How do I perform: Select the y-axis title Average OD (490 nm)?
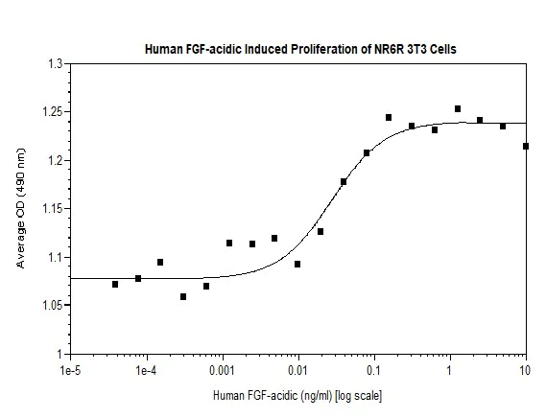pos(22,209)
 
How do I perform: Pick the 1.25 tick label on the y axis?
pos(51,112)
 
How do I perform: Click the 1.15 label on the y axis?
pos(51,209)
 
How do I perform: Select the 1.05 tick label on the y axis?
pos(51,306)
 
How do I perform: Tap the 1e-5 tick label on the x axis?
pos(70,369)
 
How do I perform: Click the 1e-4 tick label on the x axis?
pos(146,369)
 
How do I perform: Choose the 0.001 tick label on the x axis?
pos(222,369)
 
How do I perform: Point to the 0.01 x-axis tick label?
pos(297,369)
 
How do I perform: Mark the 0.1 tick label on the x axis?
pos(373,369)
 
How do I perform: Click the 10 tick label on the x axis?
pos(525,369)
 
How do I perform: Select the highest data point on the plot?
pos(458,109)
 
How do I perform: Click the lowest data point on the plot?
pos(183,297)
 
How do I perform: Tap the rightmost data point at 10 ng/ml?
pos(526,146)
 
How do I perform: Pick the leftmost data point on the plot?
pos(115,285)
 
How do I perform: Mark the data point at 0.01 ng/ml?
pos(297,264)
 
